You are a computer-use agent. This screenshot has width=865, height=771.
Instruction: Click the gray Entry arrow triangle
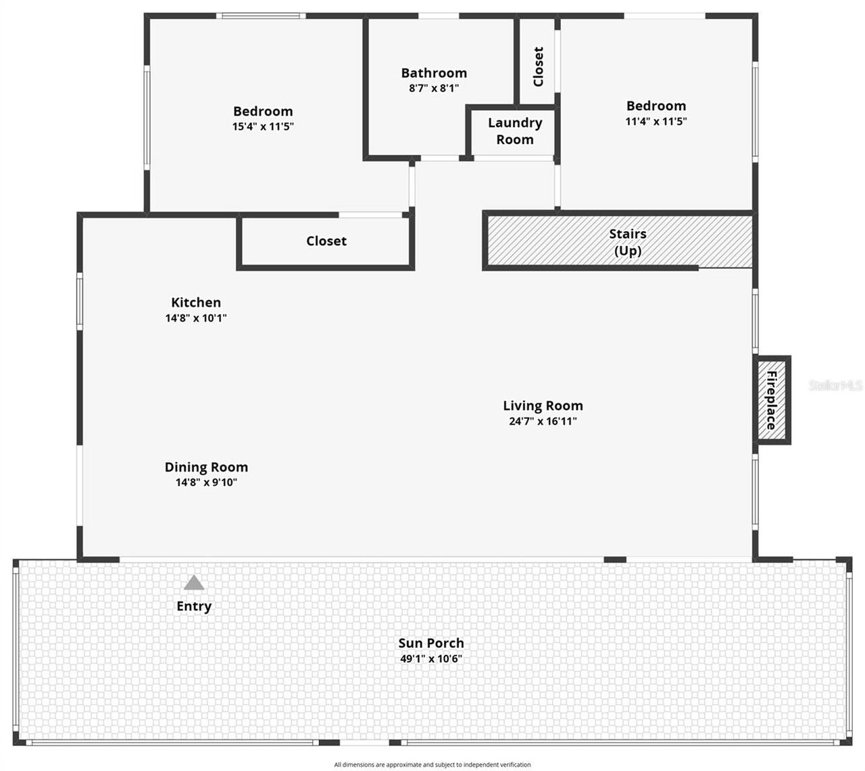(x=194, y=583)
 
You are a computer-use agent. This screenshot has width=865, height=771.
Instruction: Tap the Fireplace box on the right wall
(x=772, y=400)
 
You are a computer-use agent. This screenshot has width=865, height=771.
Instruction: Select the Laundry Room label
(x=515, y=131)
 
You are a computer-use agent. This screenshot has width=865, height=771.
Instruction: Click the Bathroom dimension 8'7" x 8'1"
(x=434, y=89)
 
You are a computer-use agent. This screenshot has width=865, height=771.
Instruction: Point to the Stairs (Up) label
(x=628, y=242)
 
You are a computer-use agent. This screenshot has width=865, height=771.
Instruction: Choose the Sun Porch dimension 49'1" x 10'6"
(x=431, y=659)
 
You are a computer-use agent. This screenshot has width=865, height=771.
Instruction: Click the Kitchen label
(x=196, y=302)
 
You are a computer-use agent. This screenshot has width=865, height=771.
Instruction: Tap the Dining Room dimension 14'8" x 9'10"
(x=206, y=482)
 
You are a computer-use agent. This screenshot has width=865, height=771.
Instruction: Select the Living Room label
(x=543, y=405)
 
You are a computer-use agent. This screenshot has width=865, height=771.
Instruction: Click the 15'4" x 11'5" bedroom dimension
(x=263, y=126)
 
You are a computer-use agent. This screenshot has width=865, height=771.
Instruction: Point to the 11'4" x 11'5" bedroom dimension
(x=656, y=122)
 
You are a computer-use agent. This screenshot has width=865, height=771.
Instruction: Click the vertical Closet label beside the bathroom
(x=538, y=66)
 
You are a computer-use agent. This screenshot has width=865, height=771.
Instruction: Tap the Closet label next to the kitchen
(x=326, y=241)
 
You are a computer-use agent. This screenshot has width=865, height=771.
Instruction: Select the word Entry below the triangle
(x=194, y=606)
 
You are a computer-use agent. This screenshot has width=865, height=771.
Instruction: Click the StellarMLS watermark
(x=836, y=385)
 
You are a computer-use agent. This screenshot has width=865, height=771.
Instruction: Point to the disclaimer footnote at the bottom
(x=432, y=765)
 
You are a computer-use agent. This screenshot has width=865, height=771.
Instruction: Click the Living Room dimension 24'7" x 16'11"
(x=543, y=422)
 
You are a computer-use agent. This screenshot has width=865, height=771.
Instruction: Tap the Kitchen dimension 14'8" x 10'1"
(x=196, y=318)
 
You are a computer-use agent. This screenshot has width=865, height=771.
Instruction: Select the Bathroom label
(x=434, y=73)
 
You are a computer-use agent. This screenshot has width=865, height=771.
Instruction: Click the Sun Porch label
(x=431, y=643)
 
